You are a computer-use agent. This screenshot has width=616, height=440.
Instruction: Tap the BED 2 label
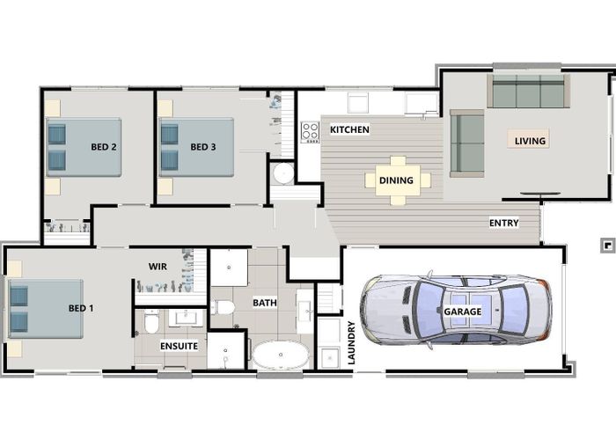coord(105,147)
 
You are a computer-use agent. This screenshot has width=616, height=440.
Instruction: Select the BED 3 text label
coord(202,147)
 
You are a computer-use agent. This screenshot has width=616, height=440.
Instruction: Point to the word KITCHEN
coord(349,130)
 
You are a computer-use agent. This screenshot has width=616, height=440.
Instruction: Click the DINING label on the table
coord(396,180)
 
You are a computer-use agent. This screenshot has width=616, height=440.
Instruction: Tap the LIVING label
coord(530,140)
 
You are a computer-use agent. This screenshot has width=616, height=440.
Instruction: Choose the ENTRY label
coord(503,224)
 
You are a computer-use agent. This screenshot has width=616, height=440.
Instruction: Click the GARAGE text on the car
coord(463,312)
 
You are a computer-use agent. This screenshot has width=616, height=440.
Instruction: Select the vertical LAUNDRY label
coord(351,342)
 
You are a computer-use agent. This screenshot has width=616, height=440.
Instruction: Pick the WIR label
coord(158,265)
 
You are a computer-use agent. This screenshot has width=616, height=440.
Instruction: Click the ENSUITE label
coord(179,346)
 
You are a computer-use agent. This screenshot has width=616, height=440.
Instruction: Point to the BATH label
coord(265,303)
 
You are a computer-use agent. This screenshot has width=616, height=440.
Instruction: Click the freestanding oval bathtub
coord(281,356)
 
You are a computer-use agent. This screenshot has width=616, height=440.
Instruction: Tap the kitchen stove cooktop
coord(310,132)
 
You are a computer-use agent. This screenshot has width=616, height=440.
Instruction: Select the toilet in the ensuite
coord(151,324)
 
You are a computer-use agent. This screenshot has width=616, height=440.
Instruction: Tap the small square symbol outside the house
coord(606,244)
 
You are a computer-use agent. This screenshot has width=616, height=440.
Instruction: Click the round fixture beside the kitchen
coord(283,172)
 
